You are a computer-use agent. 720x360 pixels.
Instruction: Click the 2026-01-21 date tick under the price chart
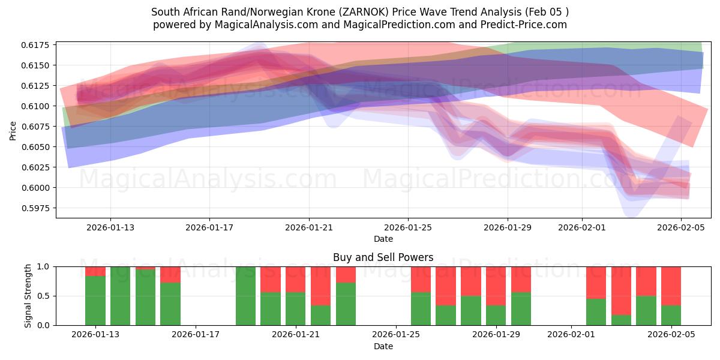point(309,227)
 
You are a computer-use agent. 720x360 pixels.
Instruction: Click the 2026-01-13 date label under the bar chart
point(95,335)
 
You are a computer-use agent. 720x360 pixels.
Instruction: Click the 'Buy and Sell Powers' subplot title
point(383,258)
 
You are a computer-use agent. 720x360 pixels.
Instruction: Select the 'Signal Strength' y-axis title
point(28,296)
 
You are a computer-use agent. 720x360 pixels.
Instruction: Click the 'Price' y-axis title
point(13,130)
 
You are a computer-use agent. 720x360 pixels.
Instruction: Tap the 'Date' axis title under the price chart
point(383,239)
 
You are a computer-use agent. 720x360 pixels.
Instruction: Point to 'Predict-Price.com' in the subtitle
point(519,25)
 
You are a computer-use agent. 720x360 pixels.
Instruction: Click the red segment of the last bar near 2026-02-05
point(671,286)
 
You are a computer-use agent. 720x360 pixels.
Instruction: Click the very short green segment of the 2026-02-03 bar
point(621,320)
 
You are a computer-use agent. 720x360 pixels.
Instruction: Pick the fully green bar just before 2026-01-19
point(245,296)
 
